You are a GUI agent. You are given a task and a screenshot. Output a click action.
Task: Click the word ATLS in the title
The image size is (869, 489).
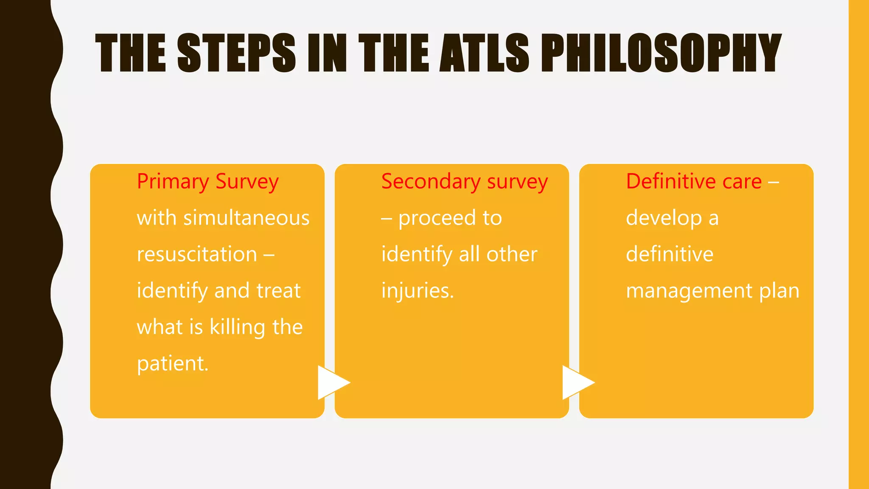click(x=484, y=53)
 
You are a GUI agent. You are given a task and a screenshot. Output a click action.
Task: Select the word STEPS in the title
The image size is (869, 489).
click(x=236, y=53)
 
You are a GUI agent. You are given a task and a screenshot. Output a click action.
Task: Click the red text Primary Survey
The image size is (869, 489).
click(x=207, y=182)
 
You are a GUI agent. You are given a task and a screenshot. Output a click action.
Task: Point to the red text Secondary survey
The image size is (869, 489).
click(x=464, y=182)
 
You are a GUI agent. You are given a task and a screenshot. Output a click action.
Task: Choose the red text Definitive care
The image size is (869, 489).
click(x=694, y=182)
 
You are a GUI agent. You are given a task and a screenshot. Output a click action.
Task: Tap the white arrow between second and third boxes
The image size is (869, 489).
click(x=577, y=382)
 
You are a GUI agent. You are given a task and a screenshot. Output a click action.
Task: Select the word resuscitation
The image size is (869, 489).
click(x=197, y=255)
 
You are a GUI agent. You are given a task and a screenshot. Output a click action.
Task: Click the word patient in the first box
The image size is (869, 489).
click(x=172, y=364)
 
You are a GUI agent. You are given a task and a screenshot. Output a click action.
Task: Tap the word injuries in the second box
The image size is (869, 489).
click(x=417, y=291)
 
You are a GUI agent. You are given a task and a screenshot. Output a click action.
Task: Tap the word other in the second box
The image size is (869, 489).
click(x=512, y=255)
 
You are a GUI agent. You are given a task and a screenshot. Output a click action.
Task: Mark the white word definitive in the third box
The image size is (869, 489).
click(x=670, y=255)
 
